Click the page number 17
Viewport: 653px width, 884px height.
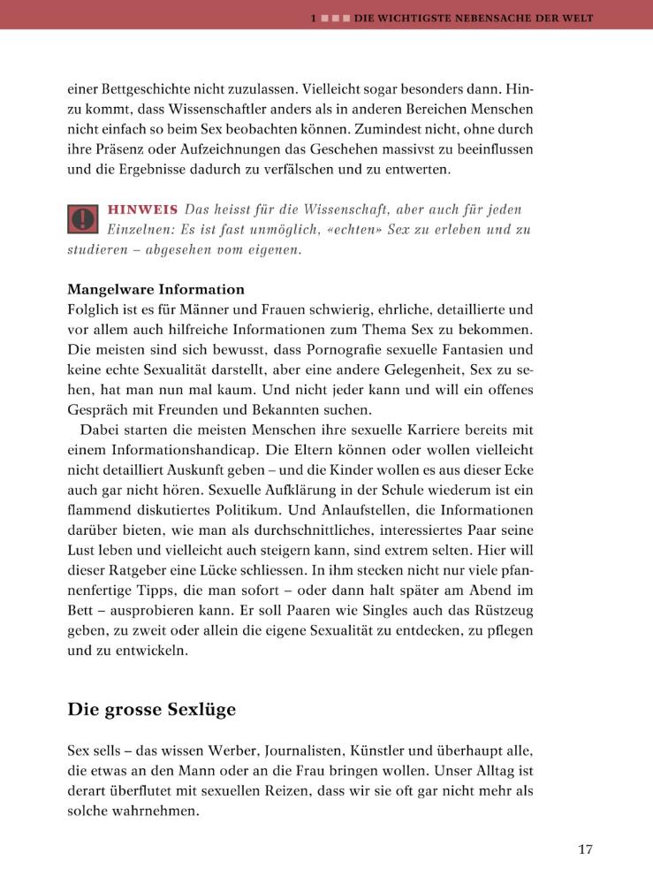coord(585,850)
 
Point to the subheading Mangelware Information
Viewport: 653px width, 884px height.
coord(156,290)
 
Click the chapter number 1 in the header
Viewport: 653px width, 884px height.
coord(314,17)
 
